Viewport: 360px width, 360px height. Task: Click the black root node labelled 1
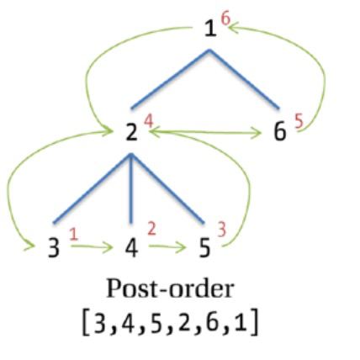210,29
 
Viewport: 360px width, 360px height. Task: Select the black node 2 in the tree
131,132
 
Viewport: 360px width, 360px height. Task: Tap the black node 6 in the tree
279,132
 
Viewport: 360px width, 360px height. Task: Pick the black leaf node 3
54,248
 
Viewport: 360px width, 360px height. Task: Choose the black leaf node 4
131,248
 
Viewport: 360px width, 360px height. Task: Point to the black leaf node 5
204,248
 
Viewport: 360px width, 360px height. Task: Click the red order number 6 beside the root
225,19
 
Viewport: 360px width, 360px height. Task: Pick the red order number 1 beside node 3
73,234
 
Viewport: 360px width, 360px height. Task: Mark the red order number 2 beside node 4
151,229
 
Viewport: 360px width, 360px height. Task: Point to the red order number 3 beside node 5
222,230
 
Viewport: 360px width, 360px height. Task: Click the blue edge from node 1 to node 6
244,79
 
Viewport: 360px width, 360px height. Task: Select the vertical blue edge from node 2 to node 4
131,188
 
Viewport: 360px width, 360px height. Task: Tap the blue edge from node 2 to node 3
92,188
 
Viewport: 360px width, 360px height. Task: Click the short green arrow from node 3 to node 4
92,246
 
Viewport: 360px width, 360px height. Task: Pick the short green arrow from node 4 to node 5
167,246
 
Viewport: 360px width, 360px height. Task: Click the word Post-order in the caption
170,289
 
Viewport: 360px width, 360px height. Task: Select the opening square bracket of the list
85,323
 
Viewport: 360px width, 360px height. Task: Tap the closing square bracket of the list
254,323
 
